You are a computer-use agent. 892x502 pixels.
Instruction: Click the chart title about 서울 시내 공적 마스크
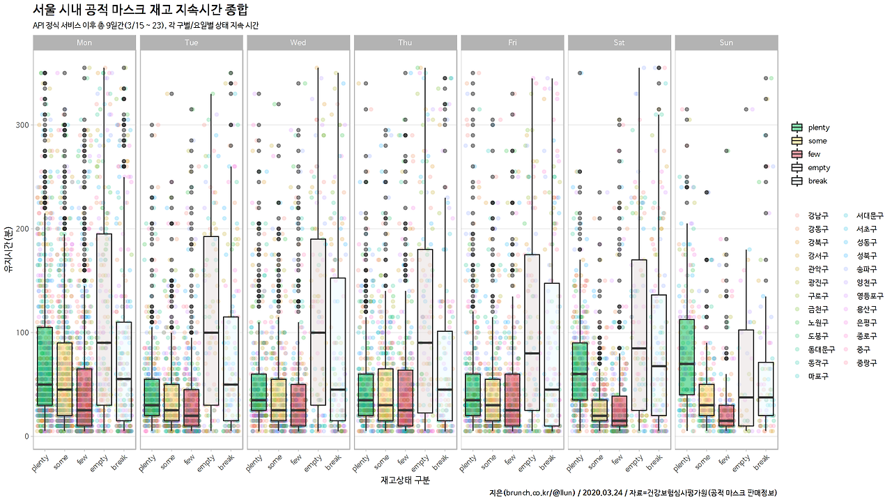click(x=140, y=10)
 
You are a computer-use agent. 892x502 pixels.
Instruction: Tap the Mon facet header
click(x=84, y=43)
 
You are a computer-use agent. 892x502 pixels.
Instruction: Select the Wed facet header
click(x=298, y=43)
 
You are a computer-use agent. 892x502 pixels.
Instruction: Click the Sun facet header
click(x=726, y=43)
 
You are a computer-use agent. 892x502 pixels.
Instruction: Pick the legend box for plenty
click(x=797, y=128)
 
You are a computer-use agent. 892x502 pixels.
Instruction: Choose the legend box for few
click(x=797, y=154)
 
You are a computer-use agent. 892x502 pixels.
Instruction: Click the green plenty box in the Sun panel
click(x=686, y=357)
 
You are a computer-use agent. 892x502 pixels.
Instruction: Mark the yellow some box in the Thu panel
click(x=385, y=394)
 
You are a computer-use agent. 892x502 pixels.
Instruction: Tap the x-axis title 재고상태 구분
click(x=405, y=480)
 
